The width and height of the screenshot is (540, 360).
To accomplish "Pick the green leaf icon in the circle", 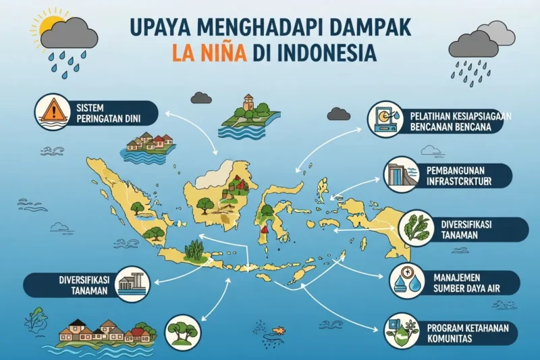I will pyautogui.click(x=413, y=228).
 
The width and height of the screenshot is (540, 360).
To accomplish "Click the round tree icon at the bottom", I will pyautogui.click(x=182, y=332).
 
